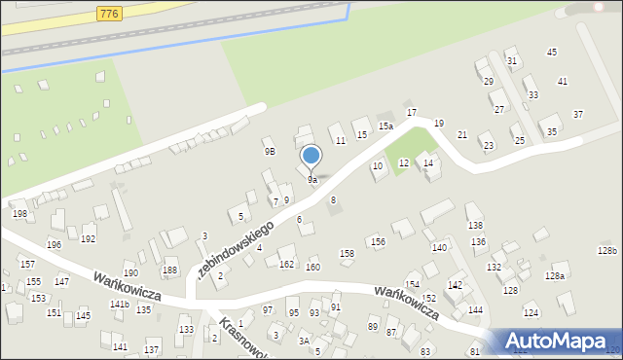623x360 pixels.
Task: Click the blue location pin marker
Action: [x=311, y=156]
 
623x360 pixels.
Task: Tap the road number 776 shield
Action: [x=108, y=12]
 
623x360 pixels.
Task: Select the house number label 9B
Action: [x=270, y=152]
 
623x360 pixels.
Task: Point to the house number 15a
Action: [x=385, y=126]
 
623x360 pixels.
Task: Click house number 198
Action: [x=18, y=213]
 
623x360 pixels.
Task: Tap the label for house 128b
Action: [x=607, y=251]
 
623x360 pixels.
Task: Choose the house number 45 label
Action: [x=552, y=52]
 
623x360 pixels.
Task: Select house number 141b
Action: [x=119, y=305]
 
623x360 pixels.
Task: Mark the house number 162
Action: [x=286, y=264]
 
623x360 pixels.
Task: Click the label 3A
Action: [x=304, y=341]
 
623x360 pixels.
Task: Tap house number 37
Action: [x=578, y=115]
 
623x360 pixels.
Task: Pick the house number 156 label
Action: [x=377, y=241]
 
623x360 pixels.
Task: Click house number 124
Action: [x=531, y=312]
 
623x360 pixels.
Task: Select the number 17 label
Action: [x=412, y=113]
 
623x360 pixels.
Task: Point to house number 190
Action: [x=130, y=273]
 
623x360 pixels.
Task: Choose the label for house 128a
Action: [x=554, y=276]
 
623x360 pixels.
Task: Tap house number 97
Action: [x=268, y=309]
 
